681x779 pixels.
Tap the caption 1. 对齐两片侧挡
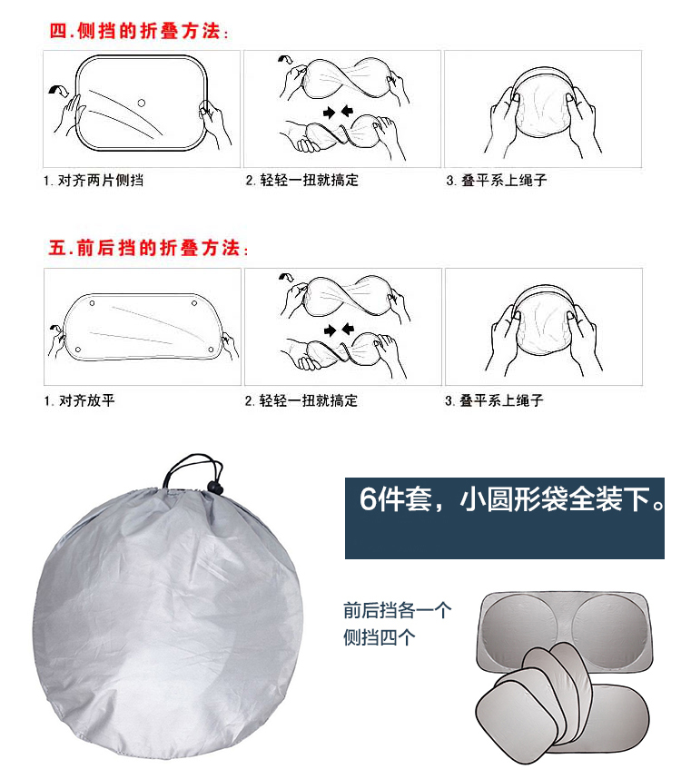(x=94, y=181)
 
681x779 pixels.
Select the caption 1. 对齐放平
(x=80, y=400)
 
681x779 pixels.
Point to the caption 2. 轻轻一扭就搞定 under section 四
(x=301, y=180)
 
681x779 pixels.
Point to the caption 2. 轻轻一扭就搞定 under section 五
(x=301, y=400)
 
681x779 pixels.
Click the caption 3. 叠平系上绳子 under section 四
(x=496, y=180)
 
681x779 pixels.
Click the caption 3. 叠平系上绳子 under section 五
(x=494, y=400)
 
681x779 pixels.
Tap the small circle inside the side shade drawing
(x=142, y=103)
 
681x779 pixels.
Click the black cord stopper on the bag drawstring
(x=213, y=487)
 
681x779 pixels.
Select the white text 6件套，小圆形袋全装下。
(x=511, y=498)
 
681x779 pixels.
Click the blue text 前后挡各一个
(x=397, y=610)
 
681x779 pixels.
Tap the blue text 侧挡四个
(x=379, y=637)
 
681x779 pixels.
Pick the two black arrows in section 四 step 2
(x=338, y=112)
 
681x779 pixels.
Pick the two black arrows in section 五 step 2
(x=339, y=330)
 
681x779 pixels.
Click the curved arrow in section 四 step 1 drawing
(x=60, y=89)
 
